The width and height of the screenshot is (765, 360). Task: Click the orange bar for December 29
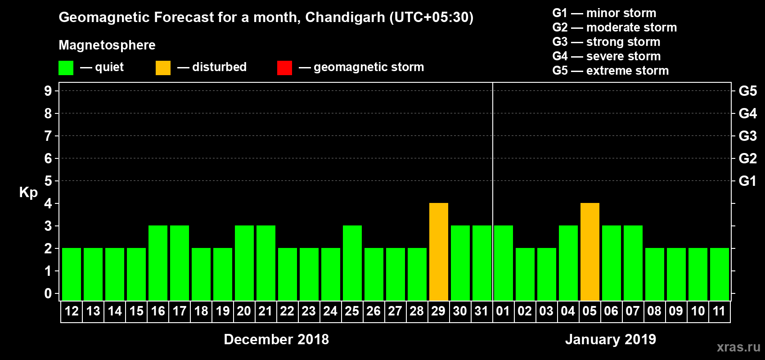[x=439, y=252]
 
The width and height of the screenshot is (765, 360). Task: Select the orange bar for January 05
[x=590, y=252]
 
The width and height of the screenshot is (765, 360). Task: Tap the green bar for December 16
[x=158, y=263]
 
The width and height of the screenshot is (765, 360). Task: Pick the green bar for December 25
[x=352, y=263]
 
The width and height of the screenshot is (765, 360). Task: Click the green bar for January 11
[x=720, y=274]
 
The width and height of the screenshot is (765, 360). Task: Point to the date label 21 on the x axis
[x=265, y=311]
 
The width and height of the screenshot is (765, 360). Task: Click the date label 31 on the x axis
[x=481, y=311]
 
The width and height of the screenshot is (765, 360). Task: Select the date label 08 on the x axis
[x=654, y=311]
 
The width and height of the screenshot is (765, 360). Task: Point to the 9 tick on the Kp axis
[x=48, y=91]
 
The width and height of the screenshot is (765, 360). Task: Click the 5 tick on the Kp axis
[x=48, y=181]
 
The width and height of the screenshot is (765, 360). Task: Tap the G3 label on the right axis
[x=747, y=136]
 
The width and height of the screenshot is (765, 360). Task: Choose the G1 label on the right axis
[x=747, y=181]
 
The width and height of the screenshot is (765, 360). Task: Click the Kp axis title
[x=28, y=192]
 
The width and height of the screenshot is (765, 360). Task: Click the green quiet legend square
[x=66, y=68]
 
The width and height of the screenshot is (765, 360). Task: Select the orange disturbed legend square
[x=163, y=68]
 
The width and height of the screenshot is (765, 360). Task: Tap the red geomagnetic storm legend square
[x=284, y=68]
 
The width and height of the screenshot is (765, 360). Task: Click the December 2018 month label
[x=276, y=339]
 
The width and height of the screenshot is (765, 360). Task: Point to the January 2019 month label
[x=611, y=339]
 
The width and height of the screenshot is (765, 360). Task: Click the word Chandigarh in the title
[x=345, y=17]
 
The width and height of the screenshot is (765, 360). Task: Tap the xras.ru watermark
[x=738, y=347]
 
